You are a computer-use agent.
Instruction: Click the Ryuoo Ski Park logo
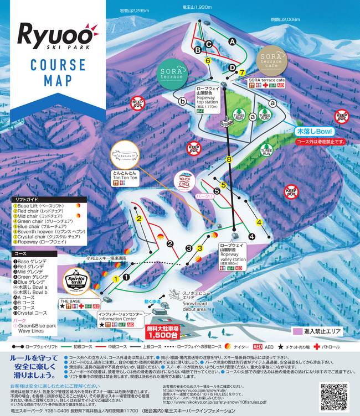[x=54, y=34]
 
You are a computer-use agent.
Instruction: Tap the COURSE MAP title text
[x=54, y=70]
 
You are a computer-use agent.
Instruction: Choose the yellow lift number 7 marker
[x=241, y=72]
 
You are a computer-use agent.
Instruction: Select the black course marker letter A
[x=232, y=41]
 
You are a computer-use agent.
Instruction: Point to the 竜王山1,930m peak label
[x=198, y=7]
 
